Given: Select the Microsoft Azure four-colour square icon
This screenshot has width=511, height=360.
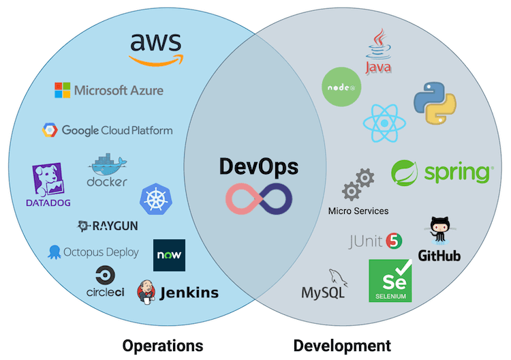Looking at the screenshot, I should click(x=63, y=90).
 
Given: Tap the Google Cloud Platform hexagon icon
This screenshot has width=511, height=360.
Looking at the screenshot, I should click(x=50, y=130).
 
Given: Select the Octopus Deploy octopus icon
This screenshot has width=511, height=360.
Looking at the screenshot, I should click(x=55, y=252).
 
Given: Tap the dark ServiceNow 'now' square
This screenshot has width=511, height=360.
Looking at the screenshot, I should click(x=169, y=256).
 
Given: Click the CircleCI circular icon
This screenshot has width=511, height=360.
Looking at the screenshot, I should click(x=105, y=275).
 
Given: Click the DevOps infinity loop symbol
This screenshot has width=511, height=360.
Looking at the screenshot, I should click(x=259, y=197).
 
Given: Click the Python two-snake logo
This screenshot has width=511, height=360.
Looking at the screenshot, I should click(x=435, y=103).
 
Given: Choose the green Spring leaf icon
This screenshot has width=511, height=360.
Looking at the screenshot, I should click(x=405, y=173).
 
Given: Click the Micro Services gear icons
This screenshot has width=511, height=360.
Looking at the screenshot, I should click(x=358, y=185).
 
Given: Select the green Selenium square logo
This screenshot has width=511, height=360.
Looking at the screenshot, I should click(x=390, y=280).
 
